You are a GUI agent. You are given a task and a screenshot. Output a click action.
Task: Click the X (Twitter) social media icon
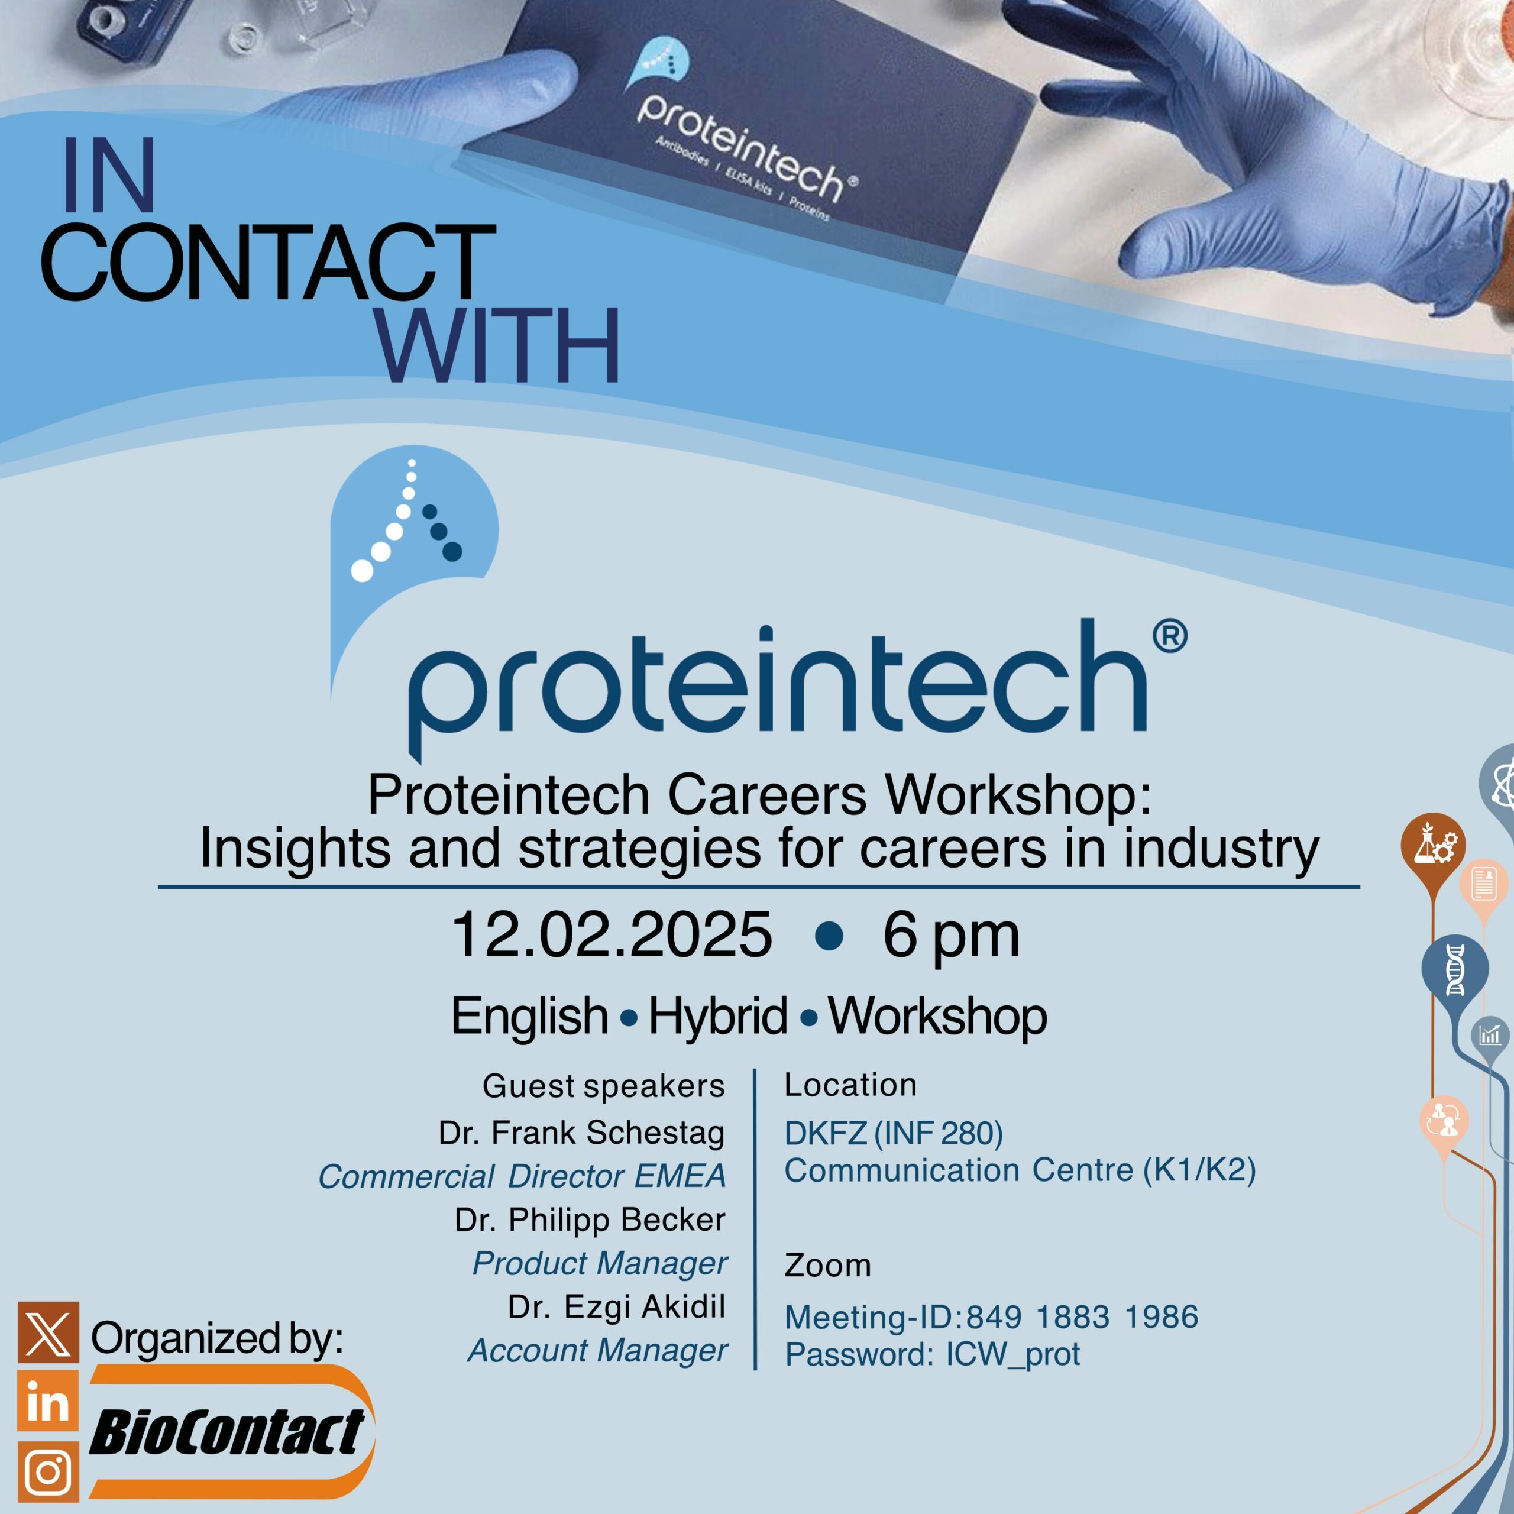coord(48,1332)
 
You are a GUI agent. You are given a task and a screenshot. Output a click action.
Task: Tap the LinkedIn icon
coord(48,1400)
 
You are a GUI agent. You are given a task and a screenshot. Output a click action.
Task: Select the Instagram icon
coord(48,1471)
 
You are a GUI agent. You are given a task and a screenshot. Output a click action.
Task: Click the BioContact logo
coord(232,1431)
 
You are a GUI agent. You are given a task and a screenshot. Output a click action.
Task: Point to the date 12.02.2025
coord(612,934)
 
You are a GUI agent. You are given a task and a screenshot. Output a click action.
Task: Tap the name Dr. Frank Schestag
coord(581,1133)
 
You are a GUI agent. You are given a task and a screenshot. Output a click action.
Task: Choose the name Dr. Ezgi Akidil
coord(617,1306)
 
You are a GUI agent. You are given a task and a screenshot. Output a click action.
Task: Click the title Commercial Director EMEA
coord(522,1176)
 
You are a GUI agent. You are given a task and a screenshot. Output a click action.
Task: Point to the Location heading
coord(850,1085)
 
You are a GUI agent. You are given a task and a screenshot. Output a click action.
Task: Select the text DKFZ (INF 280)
coord(894,1133)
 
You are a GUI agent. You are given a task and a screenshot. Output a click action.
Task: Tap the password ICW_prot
coord(1012,1355)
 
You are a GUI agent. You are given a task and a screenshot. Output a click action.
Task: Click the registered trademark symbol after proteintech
coord(1170,636)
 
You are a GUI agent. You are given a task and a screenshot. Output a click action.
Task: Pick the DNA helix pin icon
coord(1454,970)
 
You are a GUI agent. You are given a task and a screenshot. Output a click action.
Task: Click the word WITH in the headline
coord(497,345)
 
